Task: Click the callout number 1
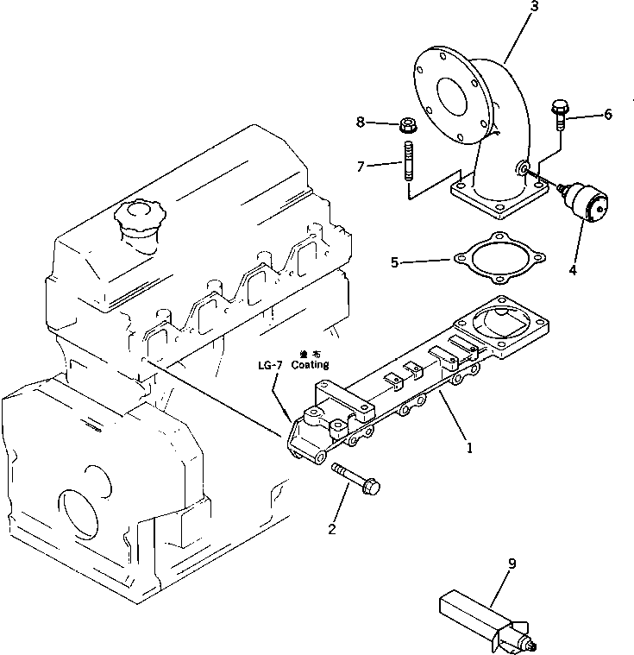click(469, 448)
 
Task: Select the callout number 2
click(331, 529)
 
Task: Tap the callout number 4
click(572, 269)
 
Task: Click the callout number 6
click(607, 114)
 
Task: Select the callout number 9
click(512, 564)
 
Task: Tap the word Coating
click(310, 366)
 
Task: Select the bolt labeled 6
click(558, 114)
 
